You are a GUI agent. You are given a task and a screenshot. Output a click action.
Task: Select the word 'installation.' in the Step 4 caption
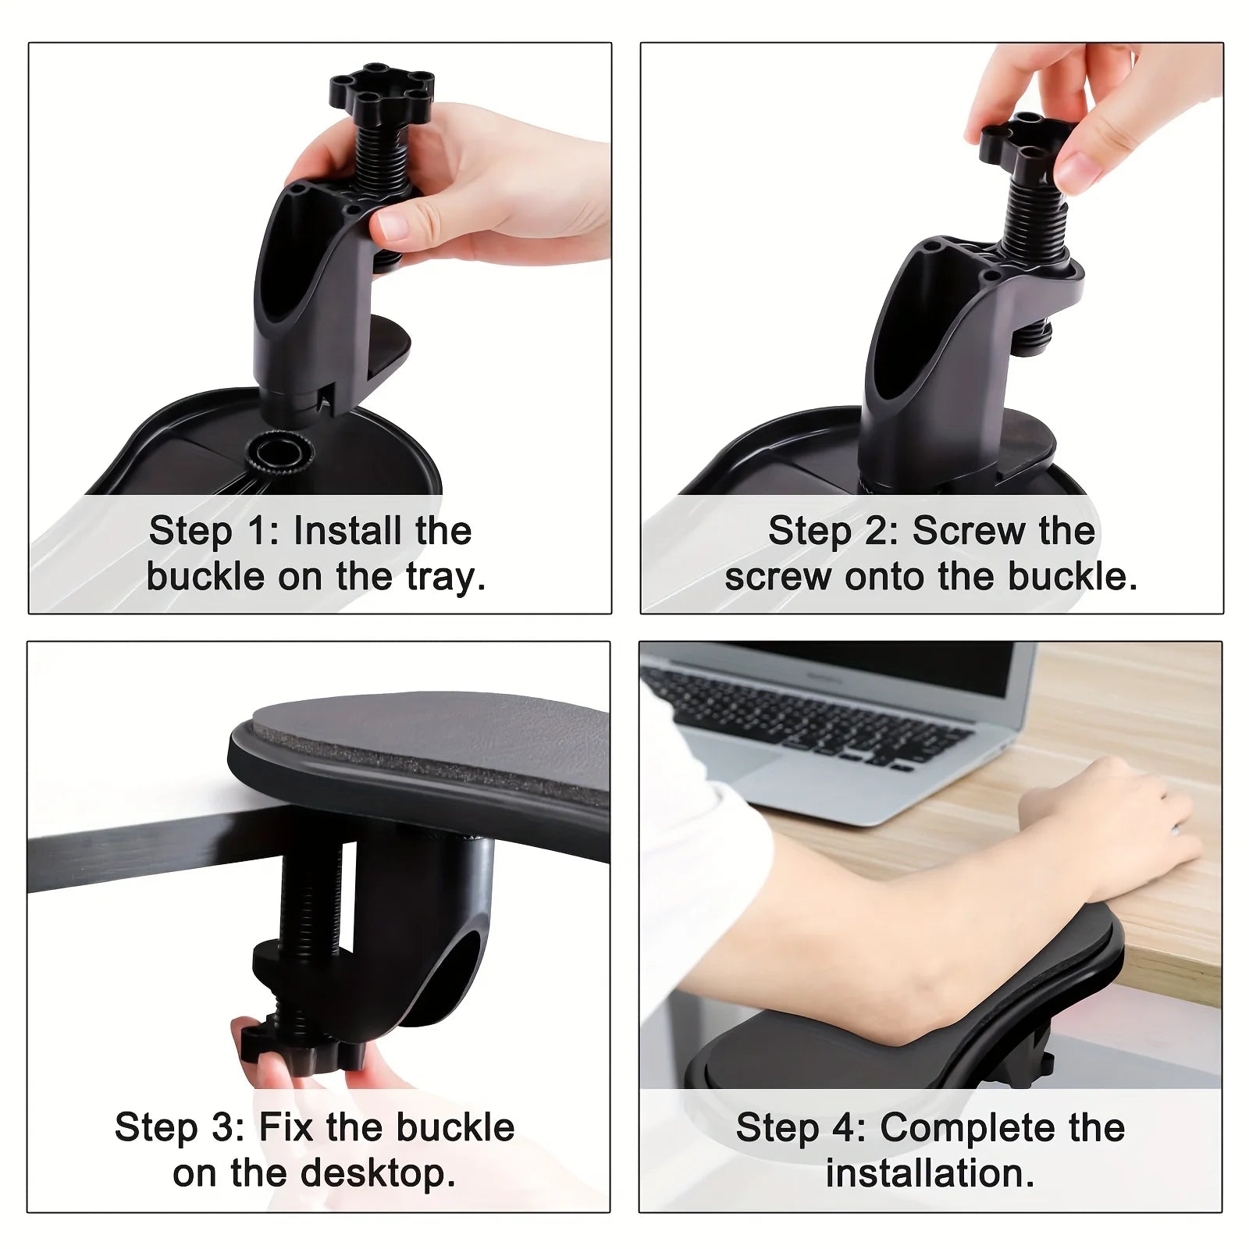click(931, 1173)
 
